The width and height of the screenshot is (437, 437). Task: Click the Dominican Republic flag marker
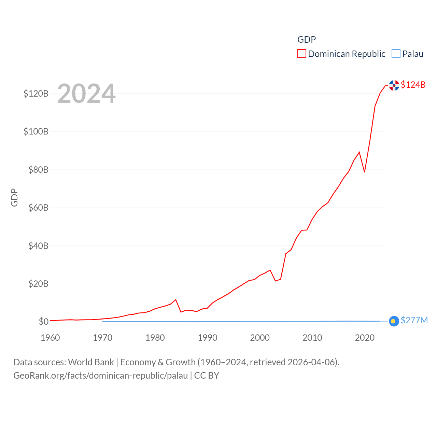[394, 85]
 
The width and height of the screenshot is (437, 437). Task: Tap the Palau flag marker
[394, 321]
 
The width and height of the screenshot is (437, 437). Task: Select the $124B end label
[413, 85]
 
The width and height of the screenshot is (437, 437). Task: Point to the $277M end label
[414, 320]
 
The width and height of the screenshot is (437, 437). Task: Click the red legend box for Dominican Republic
[302, 54]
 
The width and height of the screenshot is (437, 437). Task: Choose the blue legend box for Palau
[396, 54]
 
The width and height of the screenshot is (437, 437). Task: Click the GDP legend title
[307, 40]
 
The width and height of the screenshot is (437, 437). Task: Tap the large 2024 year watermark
[86, 94]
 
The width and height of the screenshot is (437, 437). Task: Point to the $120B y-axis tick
[36, 94]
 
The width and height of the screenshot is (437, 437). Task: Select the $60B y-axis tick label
[38, 208]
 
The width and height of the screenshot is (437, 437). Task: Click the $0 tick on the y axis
[43, 322]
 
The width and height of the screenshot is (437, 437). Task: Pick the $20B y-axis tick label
[38, 284]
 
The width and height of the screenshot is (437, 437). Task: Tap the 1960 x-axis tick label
[50, 338]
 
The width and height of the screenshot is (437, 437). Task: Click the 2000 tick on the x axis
[260, 338]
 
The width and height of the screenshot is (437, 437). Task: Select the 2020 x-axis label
[365, 338]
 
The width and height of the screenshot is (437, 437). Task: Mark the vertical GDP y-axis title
[14, 197]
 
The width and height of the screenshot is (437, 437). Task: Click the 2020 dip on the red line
[365, 172]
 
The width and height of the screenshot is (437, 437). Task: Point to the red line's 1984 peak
[176, 300]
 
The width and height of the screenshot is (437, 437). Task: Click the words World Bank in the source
[91, 362]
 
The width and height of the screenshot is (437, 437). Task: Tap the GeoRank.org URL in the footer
[101, 376]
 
